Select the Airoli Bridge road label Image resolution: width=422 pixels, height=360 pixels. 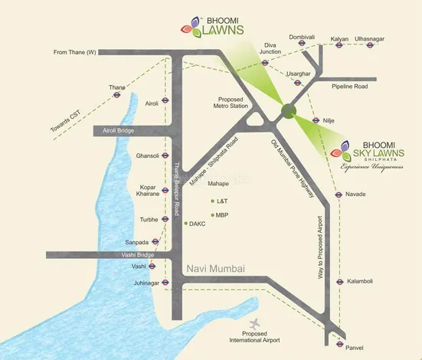[x=114, y=132]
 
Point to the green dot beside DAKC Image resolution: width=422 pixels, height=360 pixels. [x=185, y=224]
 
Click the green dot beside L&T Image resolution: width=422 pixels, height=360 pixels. [x=212, y=200]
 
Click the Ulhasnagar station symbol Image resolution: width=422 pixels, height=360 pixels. [x=370, y=45]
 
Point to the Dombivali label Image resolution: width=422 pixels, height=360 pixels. [x=302, y=37]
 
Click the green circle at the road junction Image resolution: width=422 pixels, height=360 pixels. [x=287, y=111]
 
